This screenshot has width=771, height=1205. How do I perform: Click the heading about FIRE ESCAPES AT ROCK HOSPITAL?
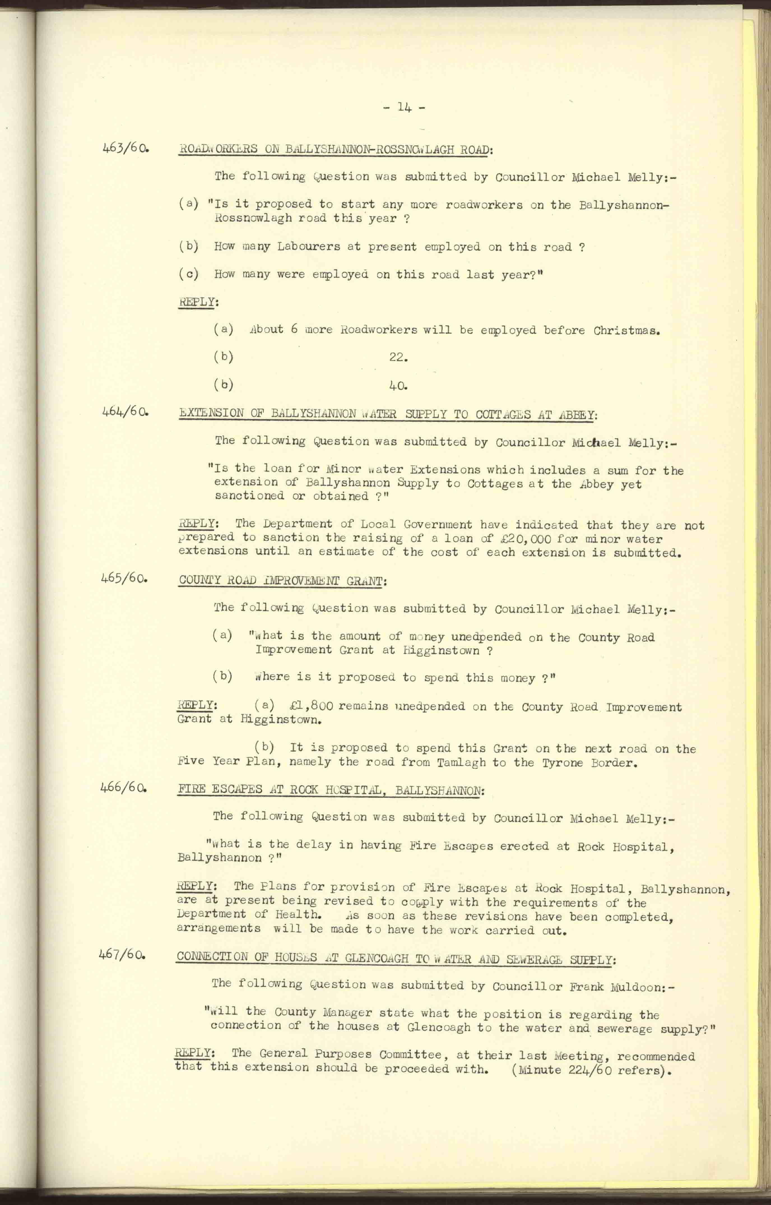330,790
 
